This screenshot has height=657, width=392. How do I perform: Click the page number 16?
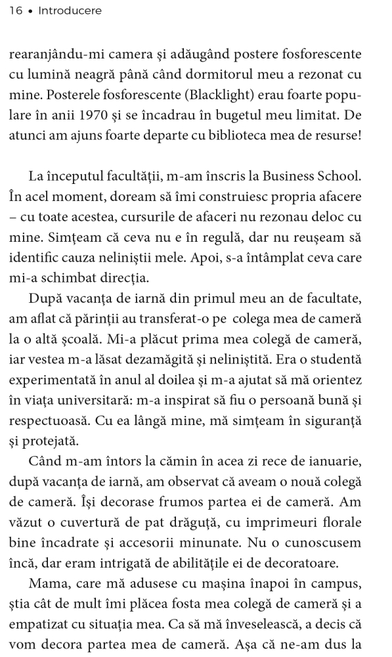16,11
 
